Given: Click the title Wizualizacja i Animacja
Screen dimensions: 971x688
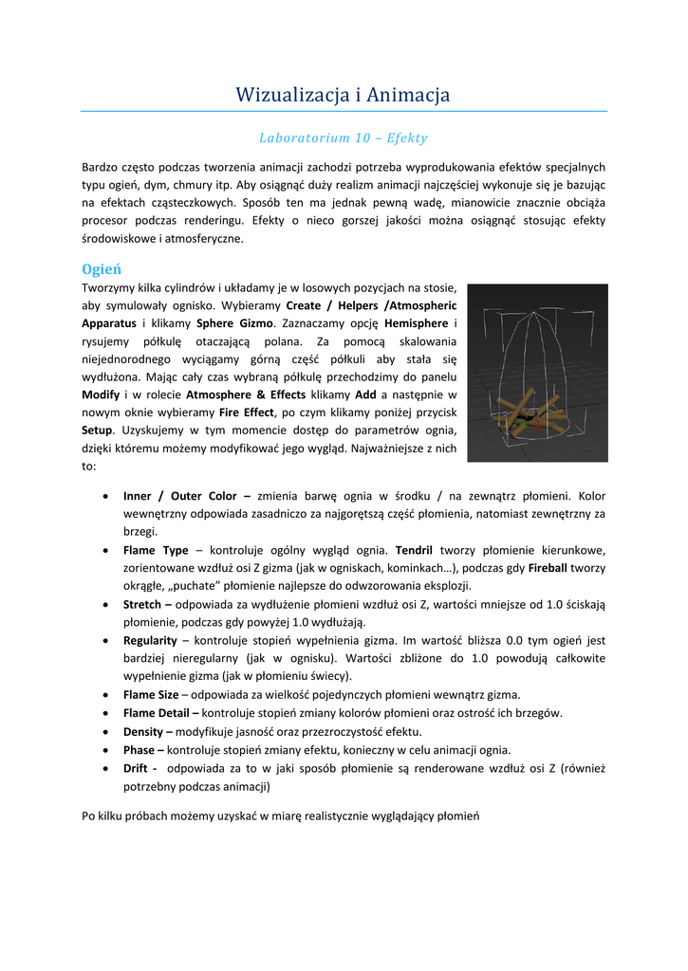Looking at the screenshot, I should pos(344,95).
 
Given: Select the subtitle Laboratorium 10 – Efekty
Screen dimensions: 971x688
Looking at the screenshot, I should pos(344,138).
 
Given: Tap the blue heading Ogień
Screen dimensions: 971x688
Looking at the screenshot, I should pos(101,268).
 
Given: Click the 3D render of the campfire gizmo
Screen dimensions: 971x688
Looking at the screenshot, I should pos(537,372).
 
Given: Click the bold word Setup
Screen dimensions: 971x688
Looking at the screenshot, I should pos(99,431).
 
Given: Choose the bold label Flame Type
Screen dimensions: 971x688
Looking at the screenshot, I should pos(156,550).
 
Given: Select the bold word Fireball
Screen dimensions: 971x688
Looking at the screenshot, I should pos(553,568).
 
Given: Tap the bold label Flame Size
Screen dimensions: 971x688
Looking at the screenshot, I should pos(152,695).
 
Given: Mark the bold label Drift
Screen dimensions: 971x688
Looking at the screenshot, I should pos(137,768).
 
